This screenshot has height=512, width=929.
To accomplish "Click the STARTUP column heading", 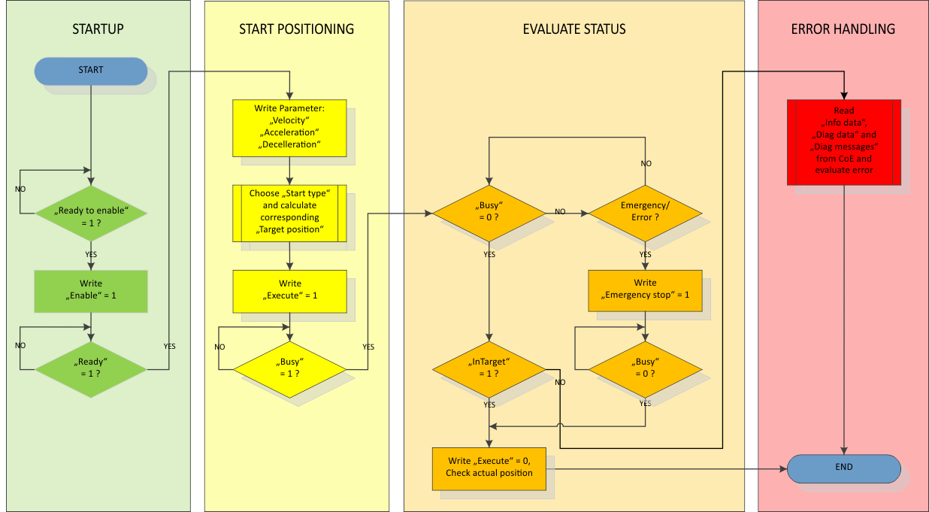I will tap(98, 29).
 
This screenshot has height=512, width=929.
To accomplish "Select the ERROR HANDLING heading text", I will tap(843, 29).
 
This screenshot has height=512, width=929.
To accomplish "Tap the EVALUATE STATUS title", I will tap(574, 29).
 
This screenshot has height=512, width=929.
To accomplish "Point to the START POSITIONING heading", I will tap(296, 29).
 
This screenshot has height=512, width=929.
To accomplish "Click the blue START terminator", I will tap(91, 71).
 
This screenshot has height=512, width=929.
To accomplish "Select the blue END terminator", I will tap(843, 468).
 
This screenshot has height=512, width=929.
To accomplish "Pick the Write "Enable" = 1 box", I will tap(91, 290).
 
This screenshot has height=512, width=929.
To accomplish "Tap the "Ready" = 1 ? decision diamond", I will tap(91, 368).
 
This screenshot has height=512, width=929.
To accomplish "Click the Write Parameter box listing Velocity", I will tap(290, 128).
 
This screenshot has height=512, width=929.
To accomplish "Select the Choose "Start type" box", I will tap(290, 213).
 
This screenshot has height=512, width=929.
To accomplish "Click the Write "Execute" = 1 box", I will tap(290, 291).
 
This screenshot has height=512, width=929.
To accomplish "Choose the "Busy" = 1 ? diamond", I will tap(290, 368).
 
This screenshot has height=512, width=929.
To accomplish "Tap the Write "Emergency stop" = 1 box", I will tap(645, 289).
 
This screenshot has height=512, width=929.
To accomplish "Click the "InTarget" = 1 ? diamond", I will tap(489, 368).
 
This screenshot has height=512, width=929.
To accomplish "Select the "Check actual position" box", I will tap(489, 468).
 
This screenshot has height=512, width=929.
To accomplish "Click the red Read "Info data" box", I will tap(843, 141).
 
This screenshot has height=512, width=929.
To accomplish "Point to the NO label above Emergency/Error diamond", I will tap(646, 163).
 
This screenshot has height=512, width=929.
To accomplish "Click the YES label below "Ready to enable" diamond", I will tap(91, 254).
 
